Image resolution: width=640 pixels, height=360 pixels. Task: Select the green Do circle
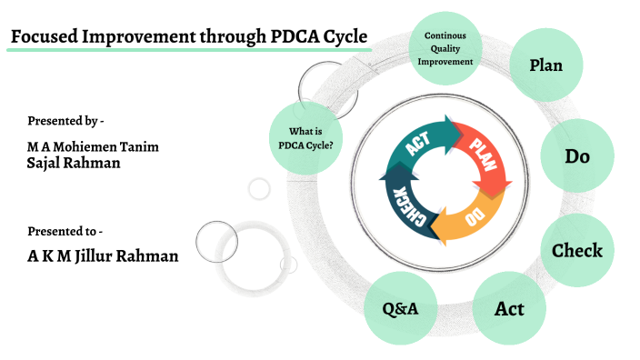point(577,156)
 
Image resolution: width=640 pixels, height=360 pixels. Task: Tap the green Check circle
point(577,250)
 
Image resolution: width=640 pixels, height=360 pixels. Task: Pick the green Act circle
point(509,308)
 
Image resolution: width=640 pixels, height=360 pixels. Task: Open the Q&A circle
point(399,309)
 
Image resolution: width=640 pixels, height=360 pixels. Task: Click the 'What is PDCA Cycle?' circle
point(305,137)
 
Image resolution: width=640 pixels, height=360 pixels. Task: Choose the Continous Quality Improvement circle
point(445,49)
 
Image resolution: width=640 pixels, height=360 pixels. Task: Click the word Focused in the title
point(45,37)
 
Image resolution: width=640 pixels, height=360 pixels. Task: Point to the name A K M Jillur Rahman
point(103,255)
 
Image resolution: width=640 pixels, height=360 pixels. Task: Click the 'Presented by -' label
point(65,120)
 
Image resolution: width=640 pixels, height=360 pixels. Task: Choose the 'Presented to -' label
point(65,231)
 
